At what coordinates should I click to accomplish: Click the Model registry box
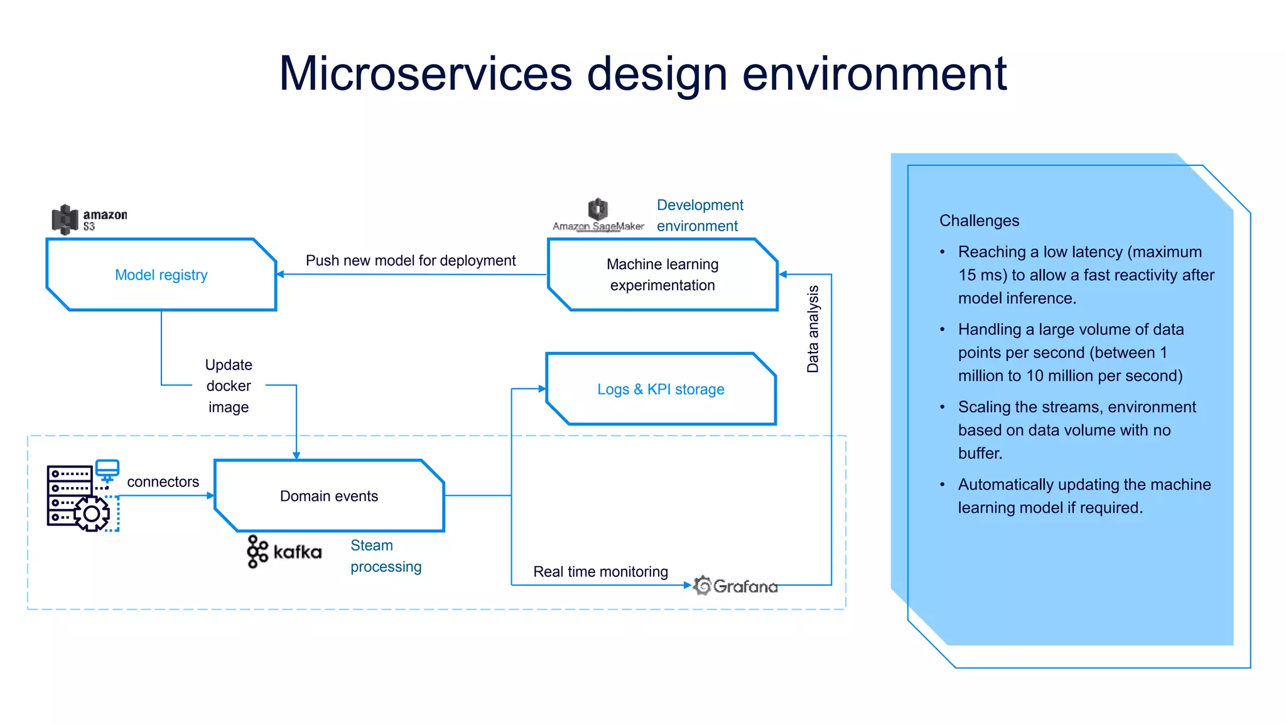pos(161,275)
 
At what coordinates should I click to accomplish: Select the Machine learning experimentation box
pos(662,275)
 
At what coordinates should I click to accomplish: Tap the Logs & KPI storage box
pos(661,389)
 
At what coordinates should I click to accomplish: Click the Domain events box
pos(329,496)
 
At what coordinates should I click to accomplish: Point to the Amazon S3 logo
pos(89,219)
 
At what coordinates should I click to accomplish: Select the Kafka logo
pos(284,552)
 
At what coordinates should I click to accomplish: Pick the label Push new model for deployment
pos(411,260)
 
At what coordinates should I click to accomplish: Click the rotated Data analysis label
pos(813,329)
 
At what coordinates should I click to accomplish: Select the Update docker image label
pos(229,386)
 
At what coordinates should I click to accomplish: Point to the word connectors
pos(163,481)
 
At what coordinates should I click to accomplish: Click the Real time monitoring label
pos(600,571)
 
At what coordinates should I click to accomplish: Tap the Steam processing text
pos(385,556)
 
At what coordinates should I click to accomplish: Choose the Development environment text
pos(700,215)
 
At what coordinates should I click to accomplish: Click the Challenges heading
pos(979,221)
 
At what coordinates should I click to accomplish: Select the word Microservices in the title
pos(425,74)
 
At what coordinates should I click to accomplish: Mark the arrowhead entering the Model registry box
pos(281,274)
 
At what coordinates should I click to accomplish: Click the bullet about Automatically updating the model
pos(1084,496)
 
